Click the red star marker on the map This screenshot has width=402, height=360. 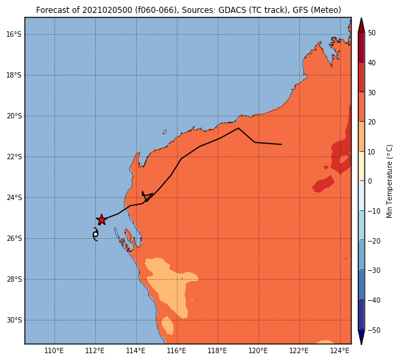point(101,220)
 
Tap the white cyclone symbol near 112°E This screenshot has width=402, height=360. point(95,234)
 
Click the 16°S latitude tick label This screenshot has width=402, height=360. point(14,34)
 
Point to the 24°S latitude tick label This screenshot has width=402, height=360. point(14,197)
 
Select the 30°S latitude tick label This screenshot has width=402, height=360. point(14,320)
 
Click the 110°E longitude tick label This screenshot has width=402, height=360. point(54,350)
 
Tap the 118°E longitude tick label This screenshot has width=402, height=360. point(218,350)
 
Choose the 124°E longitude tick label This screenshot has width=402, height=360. point(340,350)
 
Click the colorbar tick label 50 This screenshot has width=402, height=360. point(371,33)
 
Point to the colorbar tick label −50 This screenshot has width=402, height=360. point(374,330)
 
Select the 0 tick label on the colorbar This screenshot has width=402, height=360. point(370,181)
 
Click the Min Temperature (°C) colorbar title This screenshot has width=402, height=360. point(389,181)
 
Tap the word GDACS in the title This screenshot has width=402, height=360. point(230,10)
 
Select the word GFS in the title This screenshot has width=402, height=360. point(301,10)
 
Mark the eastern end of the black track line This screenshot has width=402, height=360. point(282,144)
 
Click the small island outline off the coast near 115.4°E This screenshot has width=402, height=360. point(165,132)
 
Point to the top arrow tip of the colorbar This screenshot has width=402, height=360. point(361,18)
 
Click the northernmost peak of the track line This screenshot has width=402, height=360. point(238,128)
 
